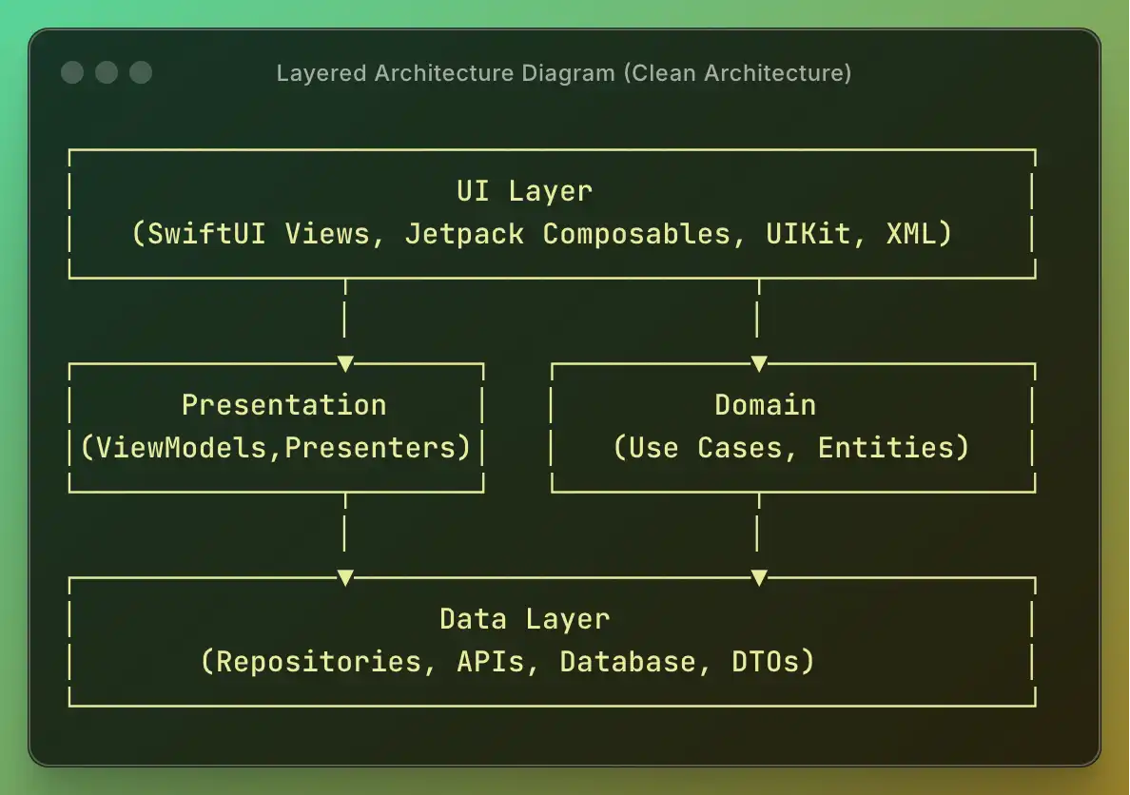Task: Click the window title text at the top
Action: coord(563,73)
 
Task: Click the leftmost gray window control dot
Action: coord(72,72)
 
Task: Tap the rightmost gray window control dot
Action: coord(141,72)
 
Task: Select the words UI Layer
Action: coord(524,191)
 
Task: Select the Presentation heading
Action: coord(283,405)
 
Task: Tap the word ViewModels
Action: coord(180,448)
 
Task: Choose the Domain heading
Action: coord(765,405)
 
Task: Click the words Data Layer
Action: coord(524,619)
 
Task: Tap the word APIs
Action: coord(490,662)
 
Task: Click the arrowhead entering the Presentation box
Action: coord(345,363)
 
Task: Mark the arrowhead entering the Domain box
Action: coord(758,363)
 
